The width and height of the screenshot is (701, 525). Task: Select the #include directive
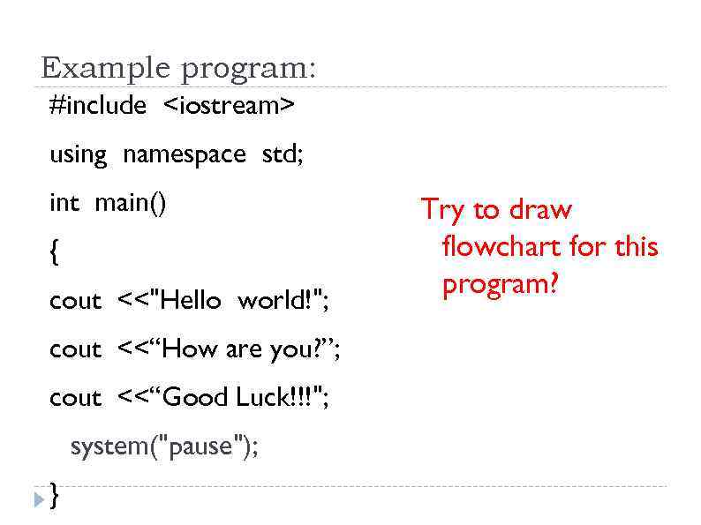(97, 106)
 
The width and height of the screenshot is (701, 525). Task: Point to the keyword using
(78, 155)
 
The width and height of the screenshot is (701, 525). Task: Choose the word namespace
(184, 154)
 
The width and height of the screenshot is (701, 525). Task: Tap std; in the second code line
(283, 154)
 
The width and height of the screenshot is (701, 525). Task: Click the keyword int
(64, 203)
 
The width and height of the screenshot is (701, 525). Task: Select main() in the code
(130, 203)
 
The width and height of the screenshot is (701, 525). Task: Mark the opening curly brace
(55, 254)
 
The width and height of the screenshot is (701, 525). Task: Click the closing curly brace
(55, 495)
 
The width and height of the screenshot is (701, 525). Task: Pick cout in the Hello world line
(75, 301)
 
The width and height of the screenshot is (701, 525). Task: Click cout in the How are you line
(75, 349)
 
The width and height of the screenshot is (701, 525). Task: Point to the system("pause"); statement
(164, 446)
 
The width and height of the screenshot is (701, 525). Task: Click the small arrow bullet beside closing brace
(37, 499)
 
